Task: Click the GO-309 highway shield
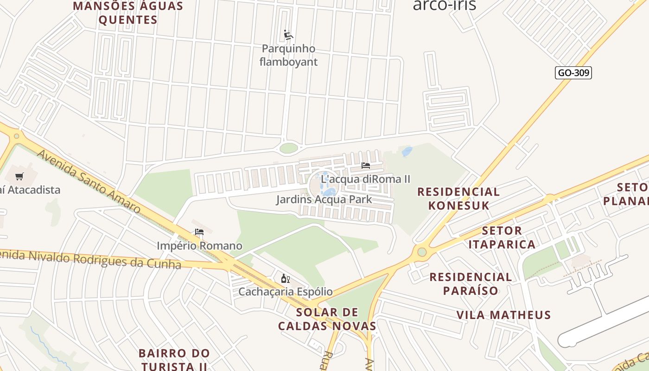click(x=573, y=73)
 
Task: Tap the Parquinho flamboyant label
click(x=288, y=55)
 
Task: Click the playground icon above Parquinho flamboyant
click(x=288, y=35)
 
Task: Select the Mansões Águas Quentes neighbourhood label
click(x=128, y=13)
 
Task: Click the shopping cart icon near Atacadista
click(x=19, y=176)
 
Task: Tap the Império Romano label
click(x=199, y=246)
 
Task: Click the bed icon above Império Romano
click(x=199, y=232)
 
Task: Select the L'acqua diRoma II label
click(x=366, y=179)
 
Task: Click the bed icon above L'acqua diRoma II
click(x=366, y=165)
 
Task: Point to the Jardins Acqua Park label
click(x=324, y=199)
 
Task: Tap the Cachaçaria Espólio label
click(x=286, y=292)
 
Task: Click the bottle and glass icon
click(x=286, y=278)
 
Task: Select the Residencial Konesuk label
click(x=458, y=198)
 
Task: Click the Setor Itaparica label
click(x=502, y=237)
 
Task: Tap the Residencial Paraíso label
click(x=471, y=284)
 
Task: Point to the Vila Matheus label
click(x=503, y=315)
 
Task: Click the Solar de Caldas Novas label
click(x=327, y=319)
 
